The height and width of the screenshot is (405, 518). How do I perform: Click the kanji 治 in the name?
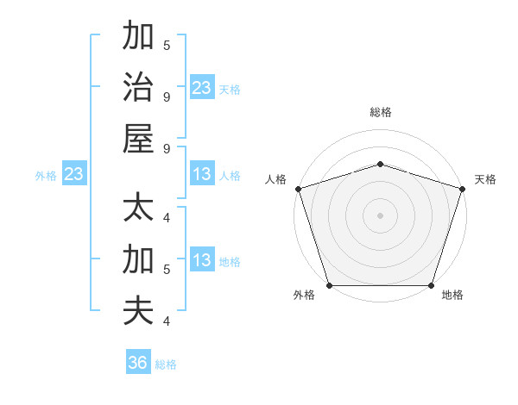pyautogui.click(x=138, y=87)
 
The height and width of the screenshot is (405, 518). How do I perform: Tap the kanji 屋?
pyautogui.click(x=138, y=138)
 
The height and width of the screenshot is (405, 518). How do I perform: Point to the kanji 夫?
pyautogui.click(x=138, y=310)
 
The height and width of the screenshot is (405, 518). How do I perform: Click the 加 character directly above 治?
pyautogui.click(x=138, y=36)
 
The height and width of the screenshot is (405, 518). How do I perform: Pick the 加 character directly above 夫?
pyautogui.click(x=138, y=259)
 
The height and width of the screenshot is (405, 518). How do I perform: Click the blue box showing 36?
pyautogui.click(x=138, y=363)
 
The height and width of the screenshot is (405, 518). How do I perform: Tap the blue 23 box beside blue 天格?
pyautogui.click(x=202, y=88)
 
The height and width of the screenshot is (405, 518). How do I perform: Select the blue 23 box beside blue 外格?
pyautogui.click(x=74, y=175)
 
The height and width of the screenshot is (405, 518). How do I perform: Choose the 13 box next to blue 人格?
pyautogui.click(x=202, y=175)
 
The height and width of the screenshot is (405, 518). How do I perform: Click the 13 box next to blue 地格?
pyautogui.click(x=202, y=261)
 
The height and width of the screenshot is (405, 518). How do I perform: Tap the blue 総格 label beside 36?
pyautogui.click(x=166, y=364)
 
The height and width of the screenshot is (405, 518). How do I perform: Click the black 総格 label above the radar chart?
pyautogui.click(x=380, y=112)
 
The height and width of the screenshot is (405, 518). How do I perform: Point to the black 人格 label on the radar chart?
pyautogui.click(x=275, y=179)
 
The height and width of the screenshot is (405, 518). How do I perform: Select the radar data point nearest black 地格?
pyautogui.click(x=431, y=285)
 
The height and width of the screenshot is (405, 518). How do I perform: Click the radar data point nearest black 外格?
pyautogui.click(x=329, y=285)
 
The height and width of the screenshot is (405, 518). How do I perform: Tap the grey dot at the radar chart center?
pyautogui.click(x=380, y=215)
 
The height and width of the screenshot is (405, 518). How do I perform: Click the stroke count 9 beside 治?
pyautogui.click(x=166, y=97)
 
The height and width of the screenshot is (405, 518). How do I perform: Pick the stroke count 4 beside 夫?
pyautogui.click(x=166, y=321)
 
